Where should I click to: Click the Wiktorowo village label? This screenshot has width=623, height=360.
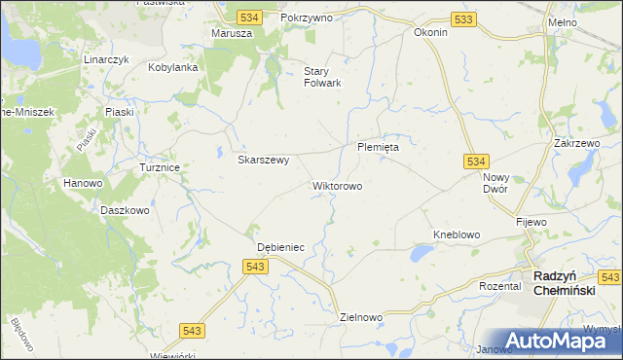click(338, 185)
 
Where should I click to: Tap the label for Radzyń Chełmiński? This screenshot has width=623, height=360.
click(572, 281)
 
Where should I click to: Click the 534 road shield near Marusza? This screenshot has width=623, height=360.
click(249, 18)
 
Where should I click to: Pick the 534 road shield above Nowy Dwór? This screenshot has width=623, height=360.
click(475, 161)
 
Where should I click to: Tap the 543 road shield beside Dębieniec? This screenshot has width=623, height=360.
click(256, 266)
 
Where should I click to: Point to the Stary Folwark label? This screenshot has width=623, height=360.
click(323, 77)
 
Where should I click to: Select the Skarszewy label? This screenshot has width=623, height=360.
click(264, 161)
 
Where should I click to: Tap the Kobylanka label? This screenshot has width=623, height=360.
click(173, 68)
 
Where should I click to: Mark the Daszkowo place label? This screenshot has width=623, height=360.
click(125, 209)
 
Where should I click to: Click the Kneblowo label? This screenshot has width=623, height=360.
click(458, 235)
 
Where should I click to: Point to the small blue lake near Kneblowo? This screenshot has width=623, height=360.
click(421, 254)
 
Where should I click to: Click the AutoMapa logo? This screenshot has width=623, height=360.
click(552, 340)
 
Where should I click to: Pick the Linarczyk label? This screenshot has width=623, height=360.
click(107, 59)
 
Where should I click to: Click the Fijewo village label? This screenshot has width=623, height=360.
click(531, 222)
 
